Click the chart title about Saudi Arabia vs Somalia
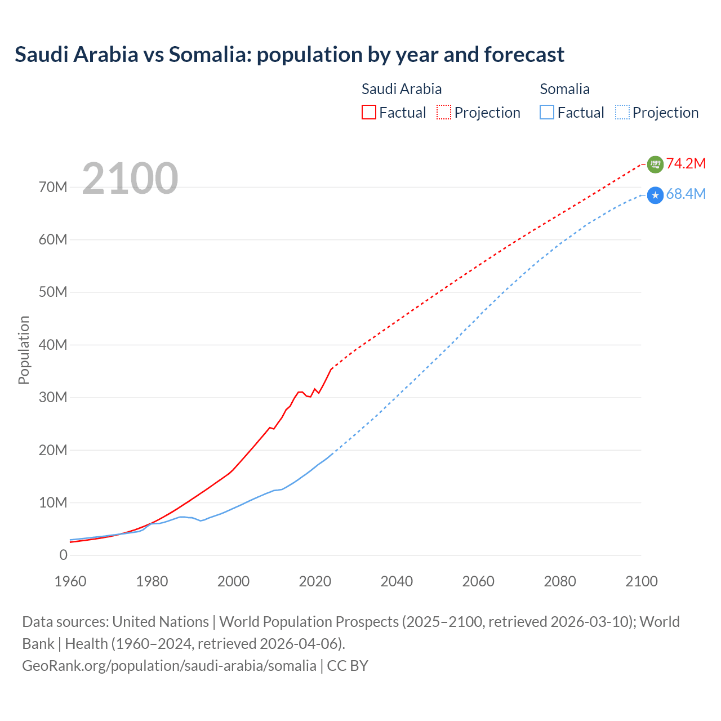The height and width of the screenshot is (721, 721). (289, 55)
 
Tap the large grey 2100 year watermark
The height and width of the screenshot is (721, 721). (130, 179)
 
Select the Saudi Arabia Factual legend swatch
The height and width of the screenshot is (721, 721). (368, 112)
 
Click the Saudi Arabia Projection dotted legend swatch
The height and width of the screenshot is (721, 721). (444, 112)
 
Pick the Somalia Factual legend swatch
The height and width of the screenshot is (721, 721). (547, 112)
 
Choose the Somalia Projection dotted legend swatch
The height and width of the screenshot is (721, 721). (622, 112)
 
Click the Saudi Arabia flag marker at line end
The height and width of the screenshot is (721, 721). (655, 164)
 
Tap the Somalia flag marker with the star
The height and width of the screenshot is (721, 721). (655, 195)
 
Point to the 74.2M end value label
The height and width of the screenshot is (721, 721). (686, 163)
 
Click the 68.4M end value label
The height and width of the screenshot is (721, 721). (686, 194)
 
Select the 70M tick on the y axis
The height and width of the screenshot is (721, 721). (53, 187)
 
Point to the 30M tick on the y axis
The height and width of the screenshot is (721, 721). (53, 398)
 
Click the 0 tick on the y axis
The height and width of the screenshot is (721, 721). (63, 555)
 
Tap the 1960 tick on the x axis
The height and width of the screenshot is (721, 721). (70, 581)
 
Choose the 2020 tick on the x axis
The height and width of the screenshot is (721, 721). (315, 581)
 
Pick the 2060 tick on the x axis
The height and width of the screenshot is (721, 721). (478, 581)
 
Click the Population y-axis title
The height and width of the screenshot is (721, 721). (24, 350)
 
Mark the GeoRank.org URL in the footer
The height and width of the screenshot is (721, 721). (169, 666)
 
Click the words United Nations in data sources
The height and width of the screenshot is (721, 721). (161, 622)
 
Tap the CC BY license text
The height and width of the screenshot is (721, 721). (348, 666)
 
